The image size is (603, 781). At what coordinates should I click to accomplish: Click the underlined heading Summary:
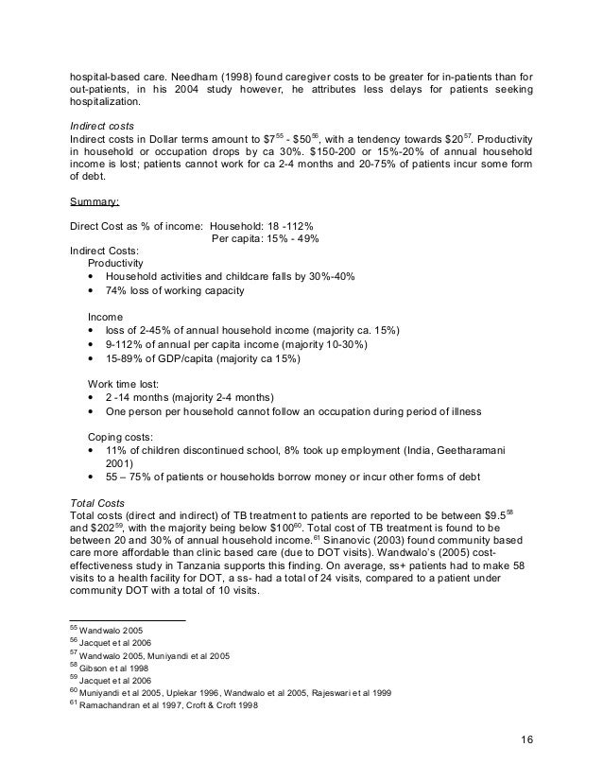[97, 201]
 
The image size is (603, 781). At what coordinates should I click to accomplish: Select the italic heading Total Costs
[96, 500]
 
